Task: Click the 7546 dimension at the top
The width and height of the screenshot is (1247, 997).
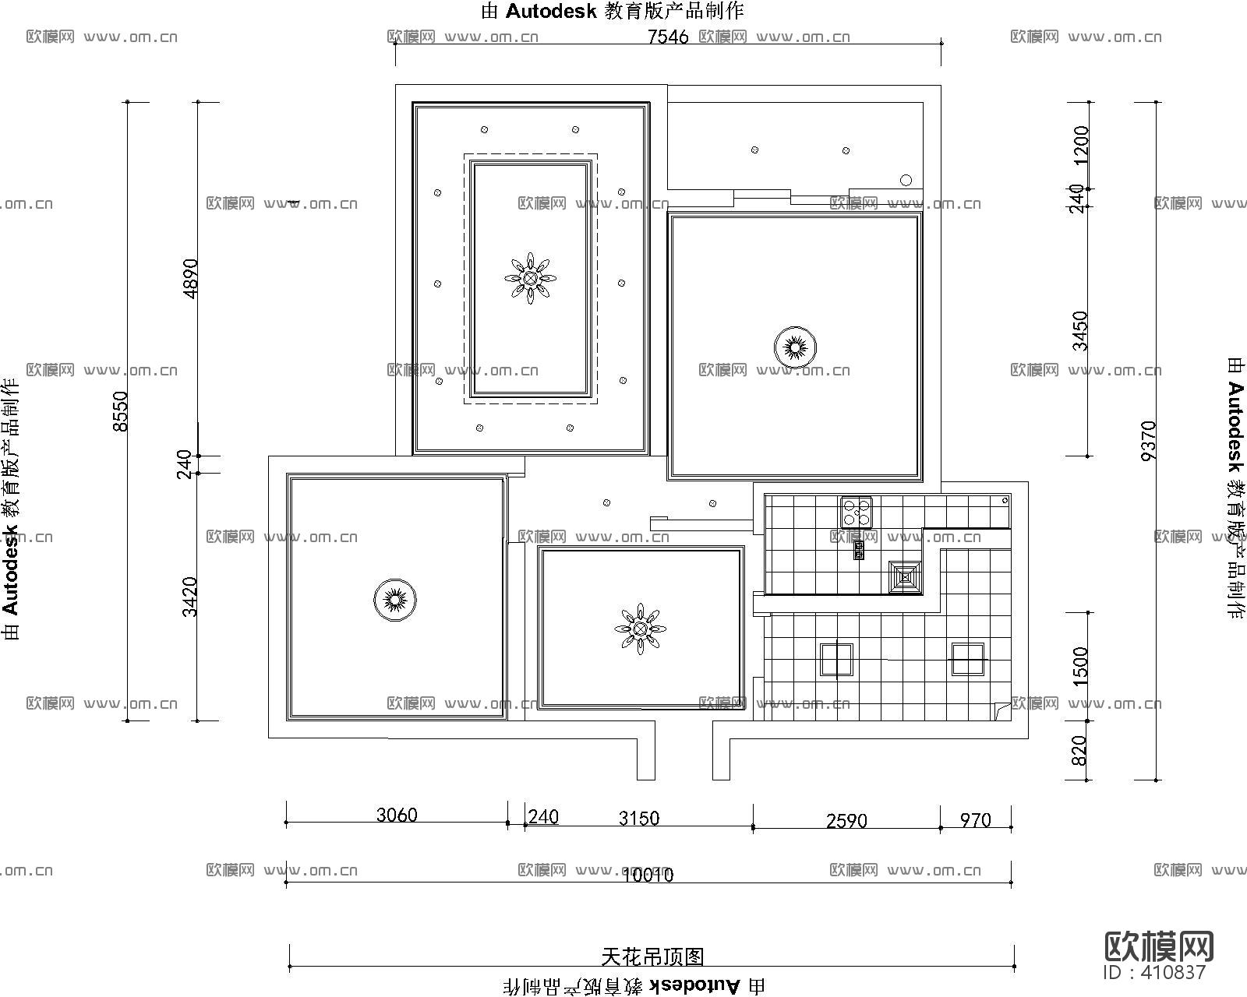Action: [668, 37]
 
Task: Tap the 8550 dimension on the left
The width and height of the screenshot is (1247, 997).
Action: [119, 410]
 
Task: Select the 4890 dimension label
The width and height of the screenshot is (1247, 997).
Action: [189, 278]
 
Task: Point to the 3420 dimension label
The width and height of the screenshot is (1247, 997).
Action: [189, 596]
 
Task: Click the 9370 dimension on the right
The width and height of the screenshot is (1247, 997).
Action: [1147, 441]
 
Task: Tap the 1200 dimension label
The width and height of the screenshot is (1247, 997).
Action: [1080, 145]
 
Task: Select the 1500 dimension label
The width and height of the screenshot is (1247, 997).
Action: [1079, 666]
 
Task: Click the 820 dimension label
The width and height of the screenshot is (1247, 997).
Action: [1079, 750]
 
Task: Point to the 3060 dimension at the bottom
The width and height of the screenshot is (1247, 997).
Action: [397, 815]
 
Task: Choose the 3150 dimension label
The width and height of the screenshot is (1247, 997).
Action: [638, 818]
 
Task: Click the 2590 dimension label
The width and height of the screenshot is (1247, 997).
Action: [846, 820]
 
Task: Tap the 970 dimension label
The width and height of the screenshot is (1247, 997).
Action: [975, 819]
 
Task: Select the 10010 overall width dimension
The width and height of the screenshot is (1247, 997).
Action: [648, 875]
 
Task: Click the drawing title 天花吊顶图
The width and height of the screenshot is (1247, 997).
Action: [652, 956]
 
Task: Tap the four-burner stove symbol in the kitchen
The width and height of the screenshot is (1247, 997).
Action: [856, 512]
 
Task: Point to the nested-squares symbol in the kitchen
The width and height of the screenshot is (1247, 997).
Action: [906, 577]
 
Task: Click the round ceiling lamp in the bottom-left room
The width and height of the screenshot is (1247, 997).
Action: [394, 600]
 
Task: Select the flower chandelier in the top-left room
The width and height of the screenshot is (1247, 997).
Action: [530, 278]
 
